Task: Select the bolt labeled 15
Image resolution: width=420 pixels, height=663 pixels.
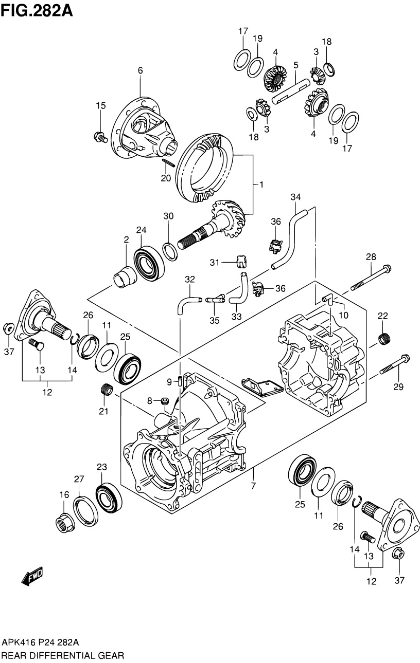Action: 99,137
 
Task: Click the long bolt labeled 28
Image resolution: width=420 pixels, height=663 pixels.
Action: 371,278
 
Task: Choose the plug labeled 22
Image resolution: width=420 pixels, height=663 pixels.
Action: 383,339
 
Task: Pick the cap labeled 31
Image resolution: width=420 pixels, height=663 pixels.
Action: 240,261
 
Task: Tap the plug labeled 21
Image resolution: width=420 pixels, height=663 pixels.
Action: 106,390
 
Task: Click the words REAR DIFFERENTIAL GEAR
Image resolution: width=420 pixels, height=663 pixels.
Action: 62,655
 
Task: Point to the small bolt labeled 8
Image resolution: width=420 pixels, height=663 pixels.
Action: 165,401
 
